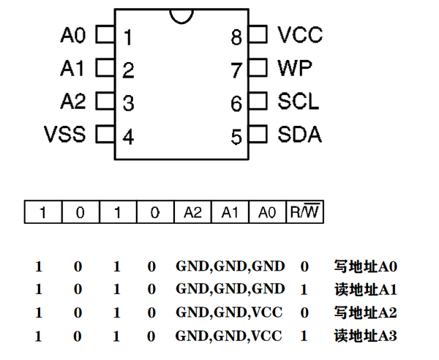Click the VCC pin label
(x=300, y=34)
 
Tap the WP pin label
(x=294, y=69)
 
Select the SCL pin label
(x=298, y=102)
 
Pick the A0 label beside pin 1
(x=73, y=34)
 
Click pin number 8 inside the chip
(x=236, y=37)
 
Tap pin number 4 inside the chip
(x=128, y=137)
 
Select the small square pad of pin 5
(x=258, y=135)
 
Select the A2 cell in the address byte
(x=192, y=212)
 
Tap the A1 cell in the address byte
(x=230, y=212)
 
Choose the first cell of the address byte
(x=43, y=212)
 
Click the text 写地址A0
(x=365, y=266)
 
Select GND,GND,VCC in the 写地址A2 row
(x=229, y=313)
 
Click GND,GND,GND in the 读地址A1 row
(x=230, y=290)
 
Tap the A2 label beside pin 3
(x=73, y=102)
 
